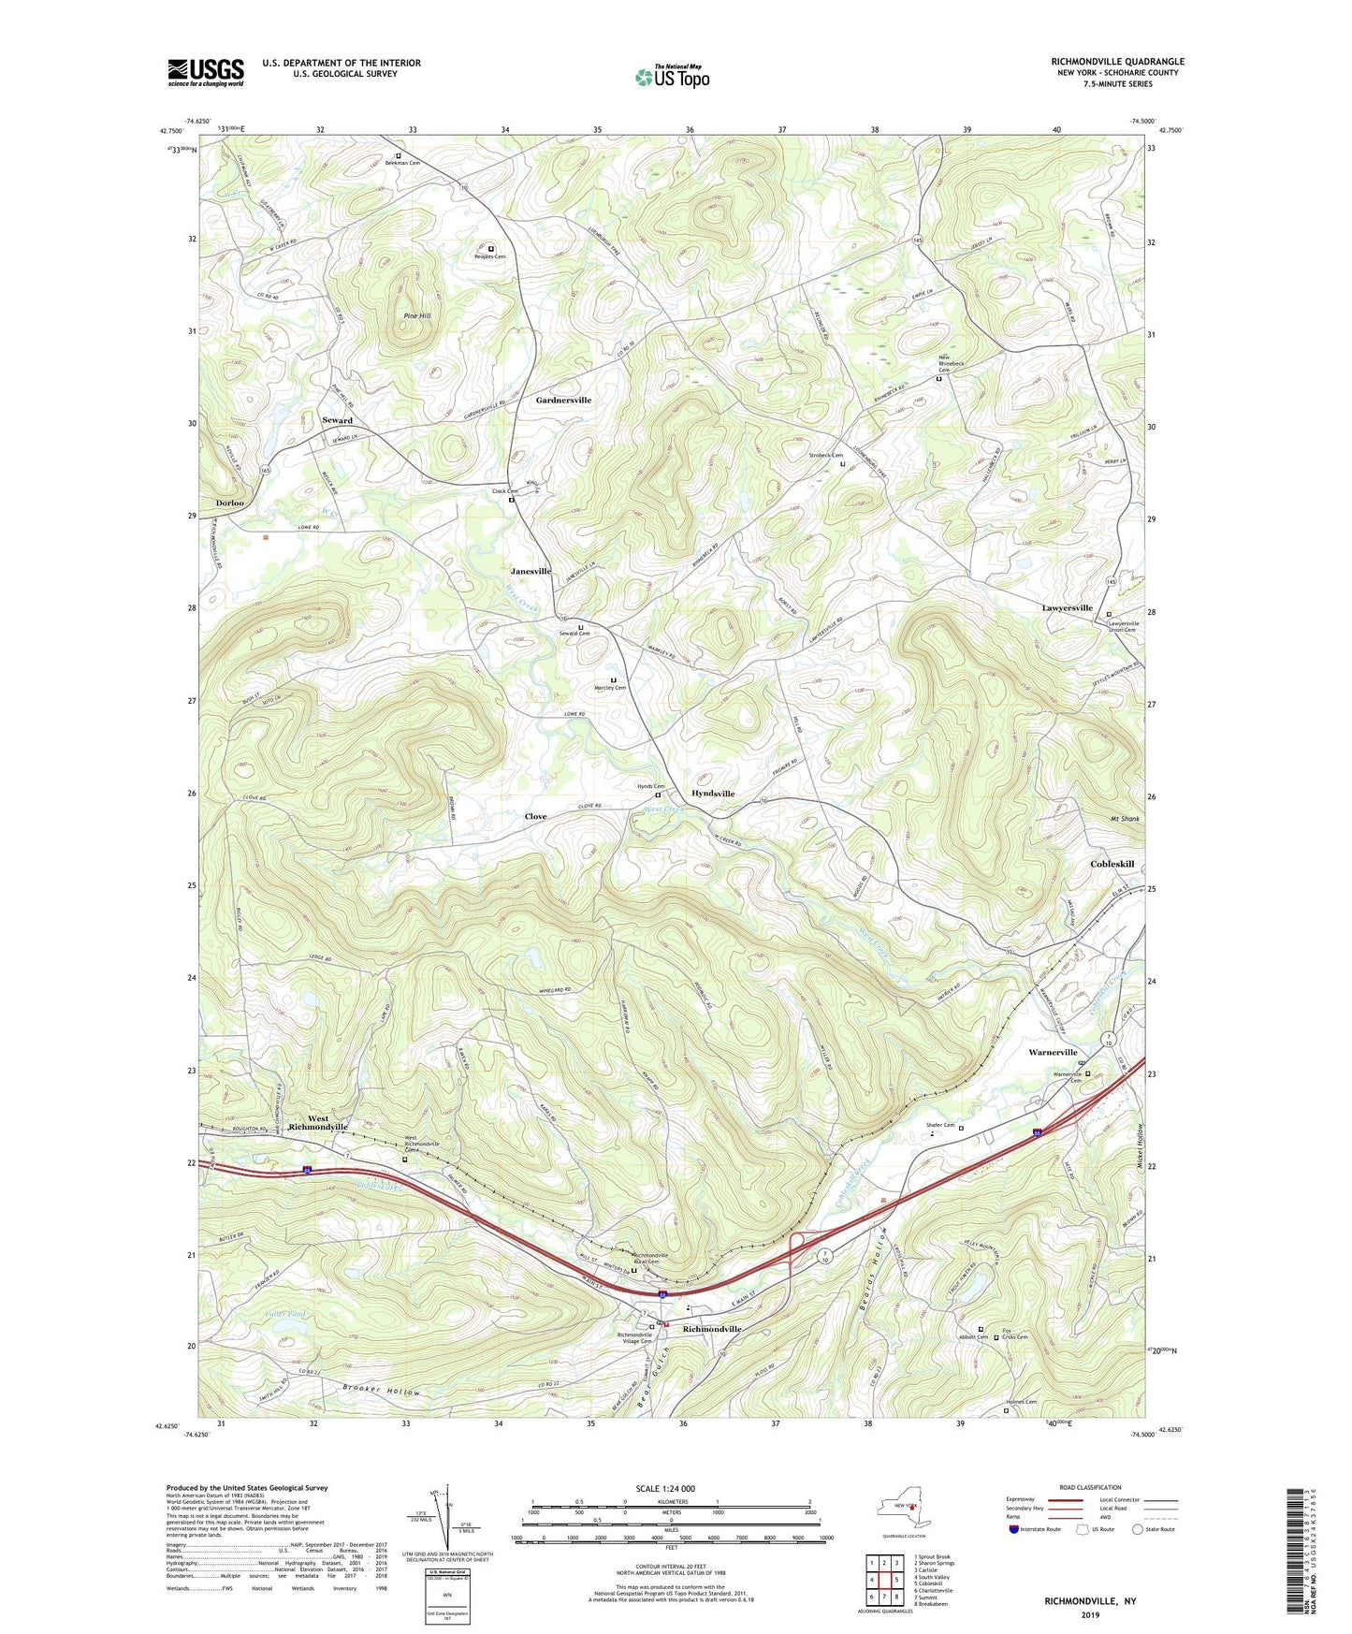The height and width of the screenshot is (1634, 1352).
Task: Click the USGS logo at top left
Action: click(x=206, y=72)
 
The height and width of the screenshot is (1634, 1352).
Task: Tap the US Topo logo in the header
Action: click(x=671, y=77)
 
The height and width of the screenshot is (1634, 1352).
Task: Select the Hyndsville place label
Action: click(x=712, y=794)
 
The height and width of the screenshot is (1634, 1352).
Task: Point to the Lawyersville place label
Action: click(x=1067, y=608)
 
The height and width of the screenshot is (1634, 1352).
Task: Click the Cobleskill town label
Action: click(x=1112, y=864)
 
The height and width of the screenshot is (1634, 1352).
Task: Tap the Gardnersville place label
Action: click(x=563, y=401)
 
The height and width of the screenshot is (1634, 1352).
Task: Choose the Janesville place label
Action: click(x=531, y=571)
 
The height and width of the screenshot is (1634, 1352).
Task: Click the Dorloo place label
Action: click(x=230, y=503)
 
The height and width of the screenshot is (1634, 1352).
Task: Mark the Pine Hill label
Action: click(x=417, y=316)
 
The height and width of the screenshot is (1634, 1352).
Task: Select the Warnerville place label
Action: click(x=1053, y=1053)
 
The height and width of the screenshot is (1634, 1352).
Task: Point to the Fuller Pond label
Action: click(x=278, y=1315)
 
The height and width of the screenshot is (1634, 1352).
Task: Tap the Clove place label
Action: click(x=535, y=817)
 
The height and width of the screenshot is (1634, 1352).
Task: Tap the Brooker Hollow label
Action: click(x=381, y=1391)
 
